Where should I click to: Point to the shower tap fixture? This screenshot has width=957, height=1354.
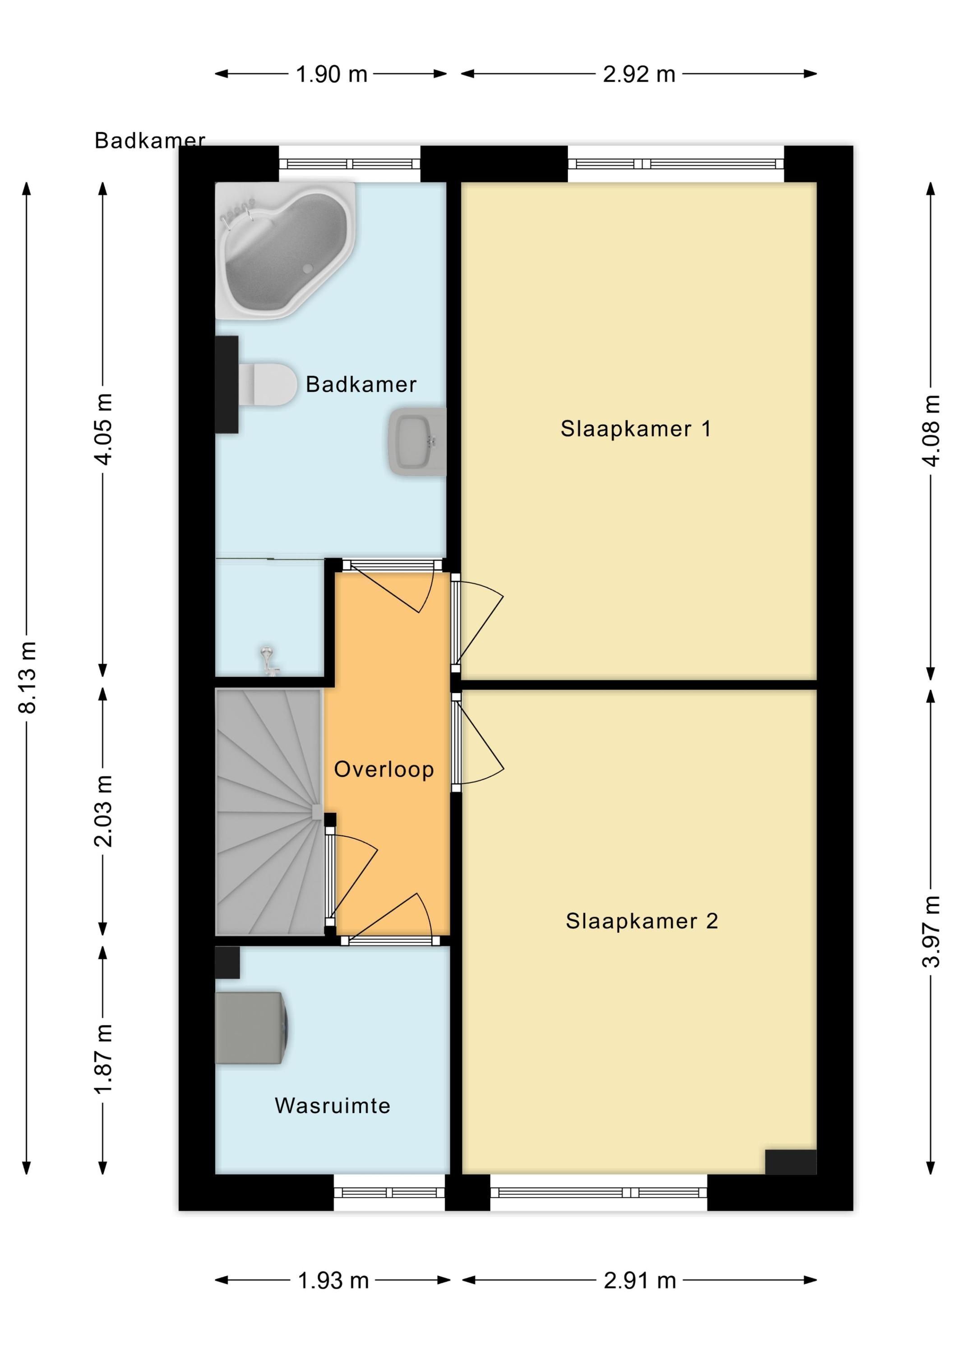tap(269, 662)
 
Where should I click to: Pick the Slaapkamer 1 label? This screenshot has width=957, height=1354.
tap(636, 429)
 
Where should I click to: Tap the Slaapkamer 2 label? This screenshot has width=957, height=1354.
tap(642, 921)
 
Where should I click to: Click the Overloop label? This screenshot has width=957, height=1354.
tap(384, 769)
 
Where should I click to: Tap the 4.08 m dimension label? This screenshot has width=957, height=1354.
tap(931, 431)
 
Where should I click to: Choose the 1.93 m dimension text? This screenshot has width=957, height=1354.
tap(333, 1280)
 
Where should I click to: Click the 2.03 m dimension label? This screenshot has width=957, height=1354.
tap(103, 811)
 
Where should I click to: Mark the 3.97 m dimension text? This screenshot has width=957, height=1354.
tap(931, 931)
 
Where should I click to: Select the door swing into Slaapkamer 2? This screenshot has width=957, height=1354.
tap(478, 738)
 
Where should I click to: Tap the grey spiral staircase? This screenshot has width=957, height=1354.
tap(269, 811)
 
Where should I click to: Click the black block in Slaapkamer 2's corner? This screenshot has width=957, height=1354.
tap(791, 1161)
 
